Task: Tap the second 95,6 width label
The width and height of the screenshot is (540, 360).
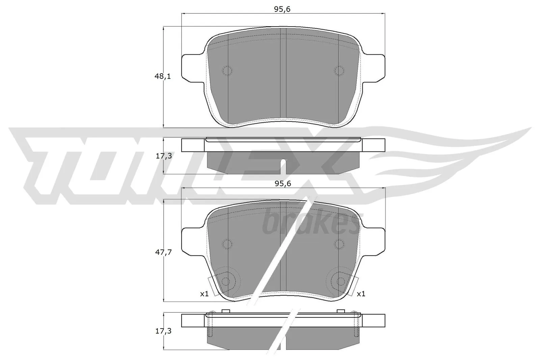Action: click(x=283, y=184)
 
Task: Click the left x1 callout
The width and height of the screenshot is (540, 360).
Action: click(x=205, y=294)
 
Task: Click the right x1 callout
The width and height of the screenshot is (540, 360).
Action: click(x=361, y=294)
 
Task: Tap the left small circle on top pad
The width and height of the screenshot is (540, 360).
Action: click(x=227, y=71)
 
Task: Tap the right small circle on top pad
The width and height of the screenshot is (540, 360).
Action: click(x=339, y=71)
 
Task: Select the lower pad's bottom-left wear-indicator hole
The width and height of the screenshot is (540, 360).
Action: click(x=226, y=281)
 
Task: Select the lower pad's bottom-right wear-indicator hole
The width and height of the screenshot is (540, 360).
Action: click(x=340, y=281)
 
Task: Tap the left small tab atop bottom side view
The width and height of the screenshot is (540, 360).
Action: click(x=225, y=311)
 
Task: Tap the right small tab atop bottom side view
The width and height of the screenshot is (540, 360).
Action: click(x=341, y=311)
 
